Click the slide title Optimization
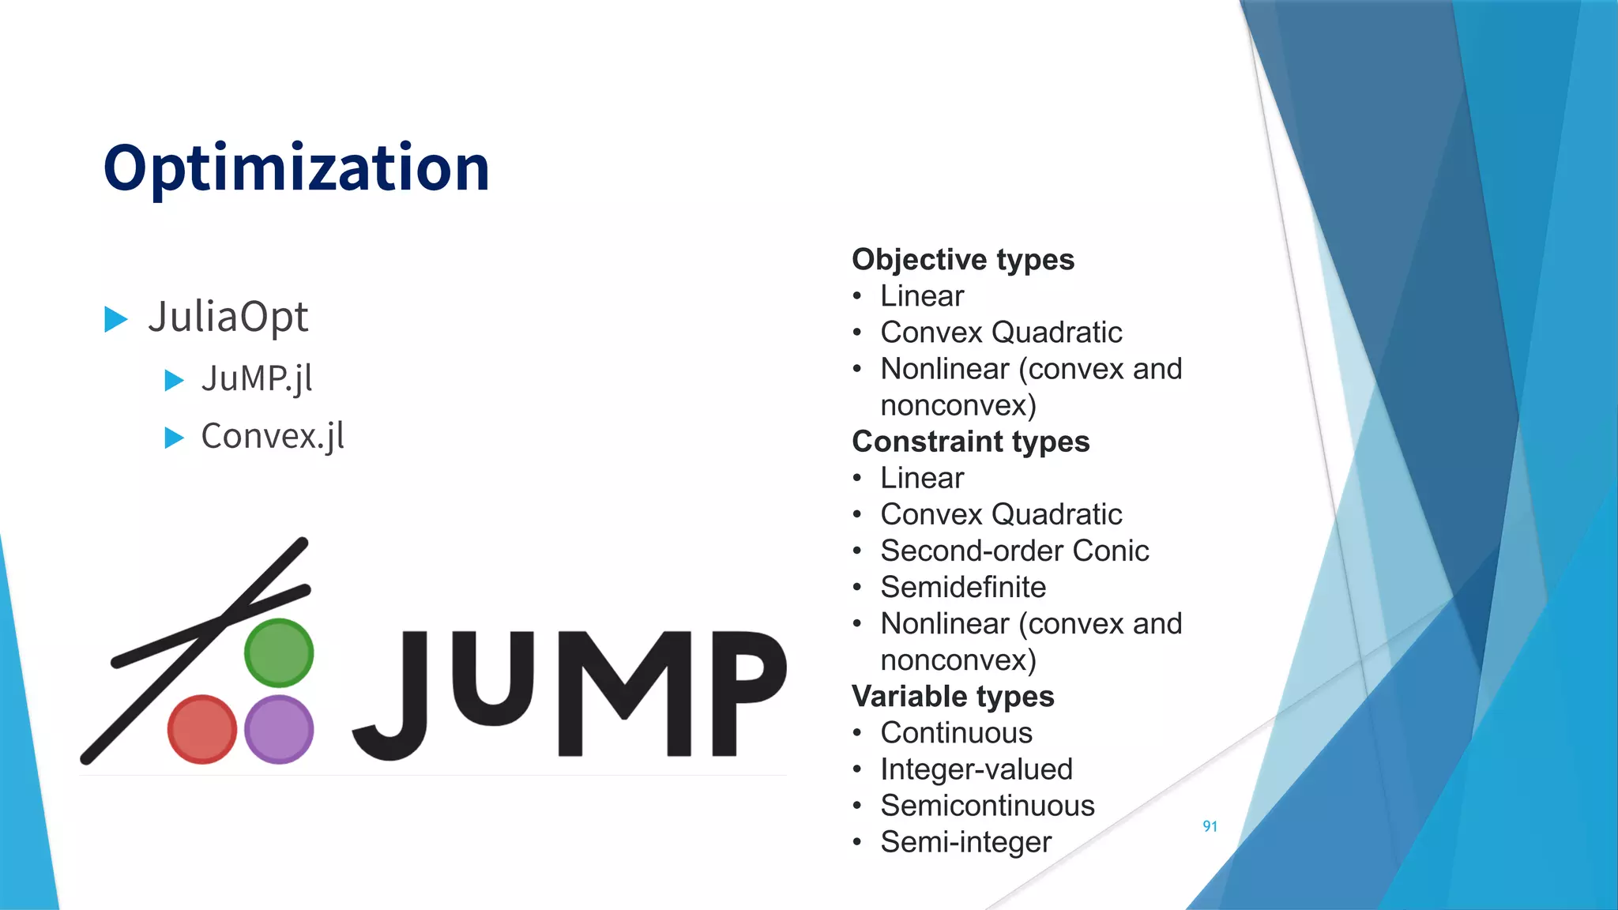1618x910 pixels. [296, 167]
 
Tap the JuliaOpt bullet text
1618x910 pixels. [228, 318]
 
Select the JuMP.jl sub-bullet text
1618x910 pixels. [257, 378]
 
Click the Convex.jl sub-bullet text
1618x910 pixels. [273, 436]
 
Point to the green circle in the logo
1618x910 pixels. [279, 653]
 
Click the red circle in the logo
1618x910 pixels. [202, 729]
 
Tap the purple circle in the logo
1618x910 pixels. [279, 729]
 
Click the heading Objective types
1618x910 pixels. [963, 260]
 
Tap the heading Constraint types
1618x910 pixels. [971, 442]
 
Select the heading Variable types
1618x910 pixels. [953, 697]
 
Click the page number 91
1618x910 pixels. [1210, 826]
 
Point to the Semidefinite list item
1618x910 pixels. [963, 588]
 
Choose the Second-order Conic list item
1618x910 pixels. [1014, 551]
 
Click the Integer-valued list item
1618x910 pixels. [976, 769]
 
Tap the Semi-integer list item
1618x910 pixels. [966, 842]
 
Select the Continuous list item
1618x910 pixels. [956, 733]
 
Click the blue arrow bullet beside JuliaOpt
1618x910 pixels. [116, 319]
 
